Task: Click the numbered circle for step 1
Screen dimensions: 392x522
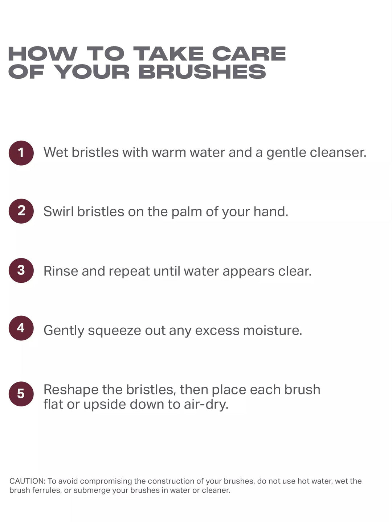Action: click(21, 153)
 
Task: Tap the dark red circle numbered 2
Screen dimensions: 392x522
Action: click(21, 211)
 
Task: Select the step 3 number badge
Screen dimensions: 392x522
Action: click(21, 270)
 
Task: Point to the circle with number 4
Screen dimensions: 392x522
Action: click(21, 328)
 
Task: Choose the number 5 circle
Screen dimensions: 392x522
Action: click(21, 394)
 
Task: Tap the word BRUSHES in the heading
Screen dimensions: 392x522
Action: click(202, 71)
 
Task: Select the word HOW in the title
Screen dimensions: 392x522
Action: click(43, 54)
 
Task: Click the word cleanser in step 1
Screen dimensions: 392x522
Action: click(338, 152)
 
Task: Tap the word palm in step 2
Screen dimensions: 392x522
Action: click(187, 212)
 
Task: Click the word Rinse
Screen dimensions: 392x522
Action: click(61, 271)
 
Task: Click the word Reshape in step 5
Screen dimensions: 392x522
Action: click(71, 390)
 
